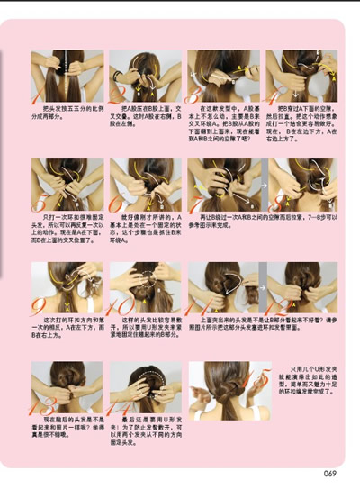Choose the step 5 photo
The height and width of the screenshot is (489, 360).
[67, 185]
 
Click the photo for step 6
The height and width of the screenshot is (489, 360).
[145, 185]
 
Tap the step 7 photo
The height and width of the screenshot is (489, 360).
[223, 185]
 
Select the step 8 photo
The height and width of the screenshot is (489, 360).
[301, 185]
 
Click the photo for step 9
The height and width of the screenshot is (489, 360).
[67, 287]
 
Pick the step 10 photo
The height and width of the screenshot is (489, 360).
[145, 287]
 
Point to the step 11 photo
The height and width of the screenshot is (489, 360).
[223, 287]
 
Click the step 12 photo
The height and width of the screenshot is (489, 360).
[301, 287]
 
